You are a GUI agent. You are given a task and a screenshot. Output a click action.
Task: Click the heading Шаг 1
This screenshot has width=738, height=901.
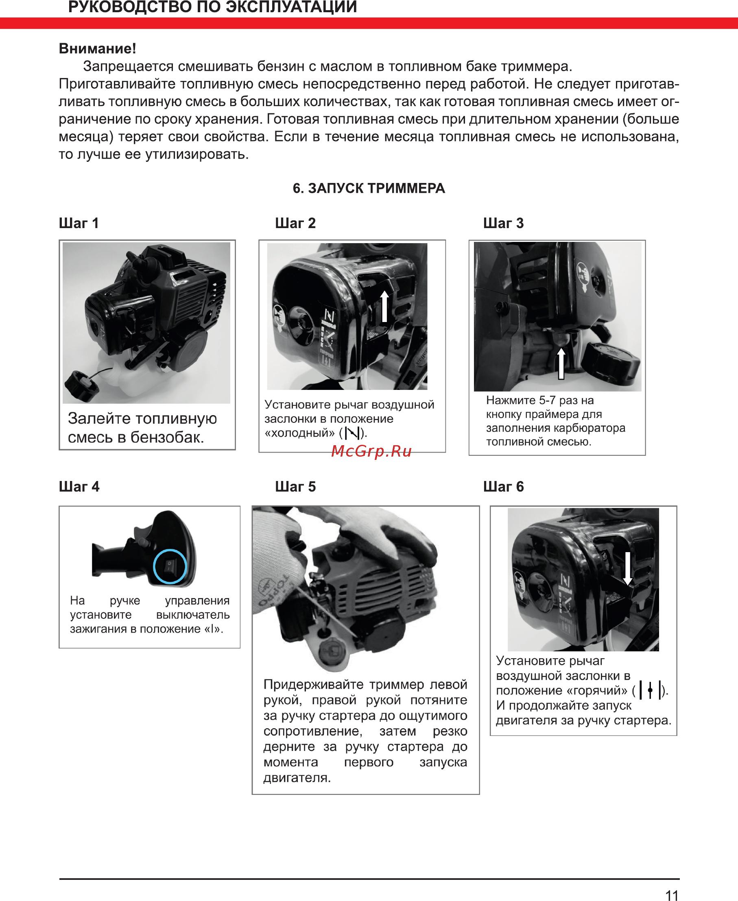pos(79,223)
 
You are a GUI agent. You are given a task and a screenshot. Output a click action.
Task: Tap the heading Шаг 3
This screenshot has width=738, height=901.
pos(503,223)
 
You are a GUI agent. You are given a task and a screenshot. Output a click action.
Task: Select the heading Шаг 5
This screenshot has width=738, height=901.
pos(295,486)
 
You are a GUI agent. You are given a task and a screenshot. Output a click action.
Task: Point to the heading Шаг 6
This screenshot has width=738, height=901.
pos(503,486)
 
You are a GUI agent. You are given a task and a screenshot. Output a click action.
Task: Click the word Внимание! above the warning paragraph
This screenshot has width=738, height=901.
pos(97,48)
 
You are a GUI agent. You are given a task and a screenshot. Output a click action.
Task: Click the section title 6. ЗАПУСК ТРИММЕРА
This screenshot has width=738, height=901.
pos(369,188)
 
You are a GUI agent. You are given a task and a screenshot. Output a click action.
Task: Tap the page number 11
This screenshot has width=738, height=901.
pos(672,893)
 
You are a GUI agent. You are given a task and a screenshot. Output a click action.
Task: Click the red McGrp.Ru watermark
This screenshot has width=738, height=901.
pos(371,451)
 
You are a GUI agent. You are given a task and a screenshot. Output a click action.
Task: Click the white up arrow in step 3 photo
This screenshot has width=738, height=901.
pos(561,363)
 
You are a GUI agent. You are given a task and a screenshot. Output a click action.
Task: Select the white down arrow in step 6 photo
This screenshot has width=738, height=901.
pos(627,568)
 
